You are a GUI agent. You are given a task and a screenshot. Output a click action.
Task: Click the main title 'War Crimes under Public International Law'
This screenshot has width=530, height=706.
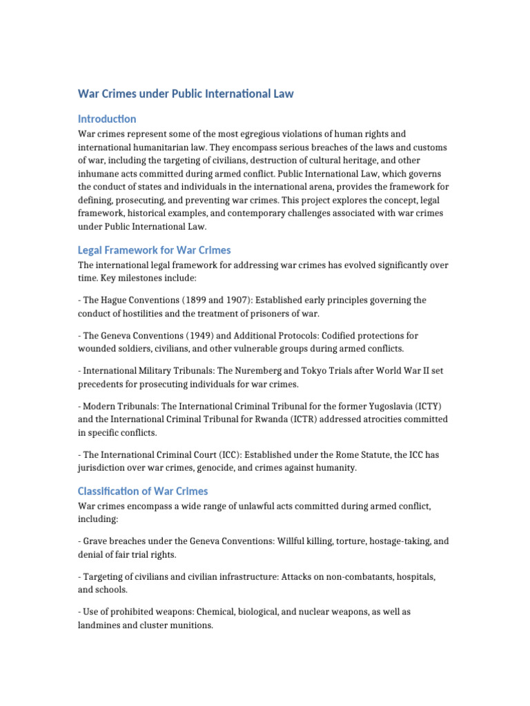185,94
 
